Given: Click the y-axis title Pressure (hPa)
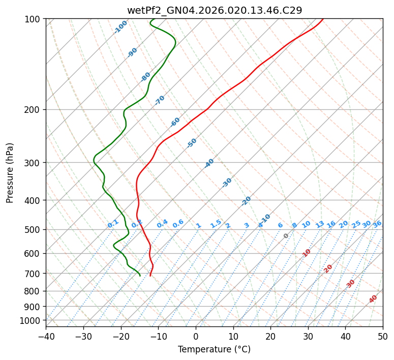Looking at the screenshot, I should (10, 172).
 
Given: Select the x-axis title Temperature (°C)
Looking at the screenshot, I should (214, 350).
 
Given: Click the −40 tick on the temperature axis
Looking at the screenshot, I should (46, 336).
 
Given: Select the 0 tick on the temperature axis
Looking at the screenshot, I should (196, 336).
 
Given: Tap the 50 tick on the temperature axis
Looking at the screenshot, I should (383, 336).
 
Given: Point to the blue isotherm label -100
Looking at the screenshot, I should (120, 27).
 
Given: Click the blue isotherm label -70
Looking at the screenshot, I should (160, 100).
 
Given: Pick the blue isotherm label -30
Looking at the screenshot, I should (227, 183).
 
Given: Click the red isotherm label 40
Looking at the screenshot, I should (373, 299).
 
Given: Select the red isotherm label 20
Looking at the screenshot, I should (328, 268).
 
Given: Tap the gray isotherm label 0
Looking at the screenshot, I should (286, 236).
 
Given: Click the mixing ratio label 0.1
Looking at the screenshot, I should (113, 224).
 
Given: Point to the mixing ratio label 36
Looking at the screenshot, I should (377, 224).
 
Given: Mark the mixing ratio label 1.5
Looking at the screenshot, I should (216, 224).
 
